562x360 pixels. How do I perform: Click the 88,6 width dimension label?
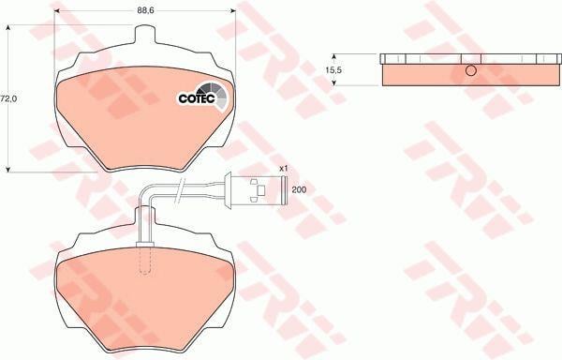point(145,10)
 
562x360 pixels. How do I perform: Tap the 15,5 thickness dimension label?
point(333,70)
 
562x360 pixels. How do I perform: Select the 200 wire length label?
point(299,189)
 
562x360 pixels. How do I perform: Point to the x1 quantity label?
point(284,168)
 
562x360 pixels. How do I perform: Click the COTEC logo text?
point(197,98)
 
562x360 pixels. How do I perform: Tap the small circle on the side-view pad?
point(471,70)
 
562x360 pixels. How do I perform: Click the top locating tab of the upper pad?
point(145,34)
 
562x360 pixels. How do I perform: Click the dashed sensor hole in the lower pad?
point(145,261)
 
